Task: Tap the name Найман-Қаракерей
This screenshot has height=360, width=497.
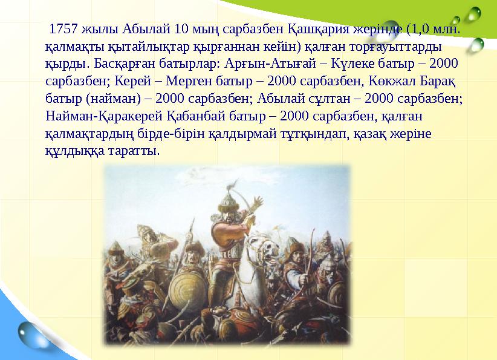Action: point(97,116)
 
